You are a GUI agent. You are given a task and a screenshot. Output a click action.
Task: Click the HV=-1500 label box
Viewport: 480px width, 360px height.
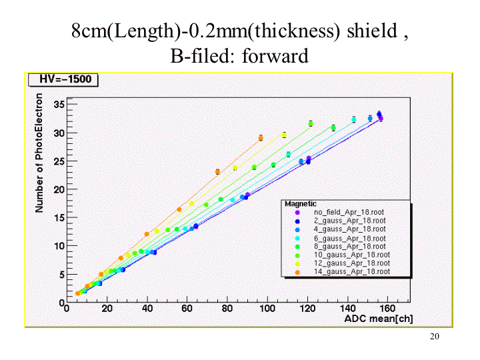(63, 80)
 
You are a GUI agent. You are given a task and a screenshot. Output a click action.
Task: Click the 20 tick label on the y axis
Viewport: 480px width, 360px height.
(59, 189)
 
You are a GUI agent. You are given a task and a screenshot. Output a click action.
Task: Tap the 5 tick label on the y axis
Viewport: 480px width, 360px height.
(61, 274)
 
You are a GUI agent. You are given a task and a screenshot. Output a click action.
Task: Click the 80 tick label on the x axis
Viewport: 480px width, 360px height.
(227, 309)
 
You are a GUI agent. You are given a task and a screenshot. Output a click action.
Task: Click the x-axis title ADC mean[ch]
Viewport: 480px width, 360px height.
(379, 319)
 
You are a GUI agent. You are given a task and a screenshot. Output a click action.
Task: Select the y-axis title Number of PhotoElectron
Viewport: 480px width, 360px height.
(40, 162)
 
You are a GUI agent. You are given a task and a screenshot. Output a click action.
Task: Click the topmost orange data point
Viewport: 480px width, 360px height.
(261, 138)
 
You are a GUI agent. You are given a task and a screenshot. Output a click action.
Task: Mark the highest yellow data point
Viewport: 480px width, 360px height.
(284, 135)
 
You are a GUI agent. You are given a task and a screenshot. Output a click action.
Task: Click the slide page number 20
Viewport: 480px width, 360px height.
(435, 337)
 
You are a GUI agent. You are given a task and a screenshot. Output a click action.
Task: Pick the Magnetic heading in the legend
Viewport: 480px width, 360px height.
(301, 203)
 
